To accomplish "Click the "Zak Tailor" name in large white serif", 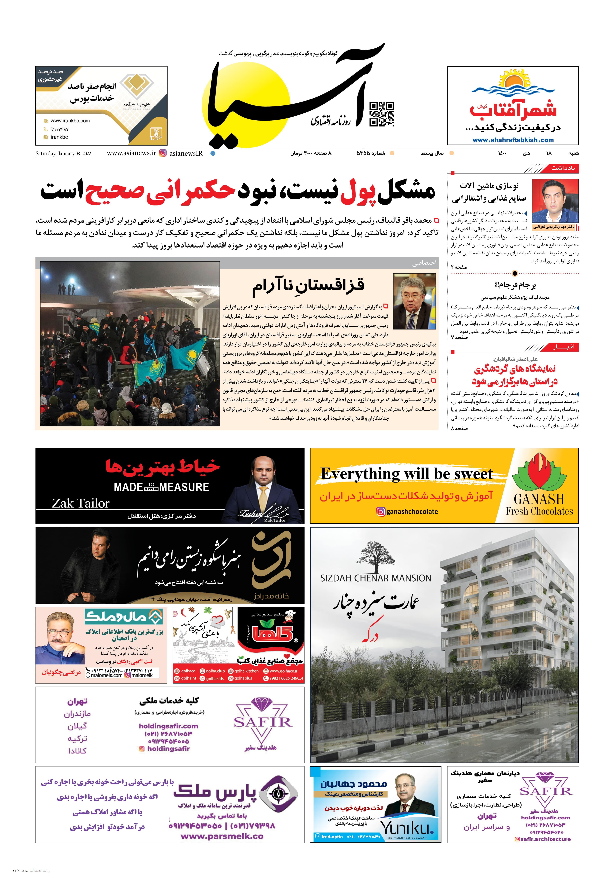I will coord(81,503).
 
